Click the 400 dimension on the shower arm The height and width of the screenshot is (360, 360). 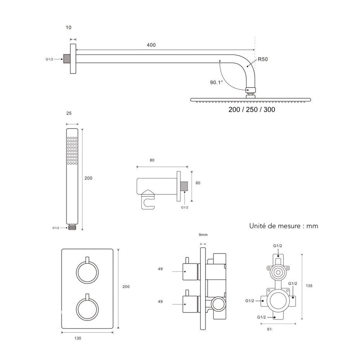tap(151, 45)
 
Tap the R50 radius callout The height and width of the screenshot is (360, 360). tap(263, 59)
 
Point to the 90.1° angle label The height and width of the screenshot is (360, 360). tap(216, 82)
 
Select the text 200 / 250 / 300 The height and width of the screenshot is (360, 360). tap(252, 109)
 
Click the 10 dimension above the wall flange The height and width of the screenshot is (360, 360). tap(69, 28)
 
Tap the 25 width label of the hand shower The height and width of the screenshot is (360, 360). tap(69, 113)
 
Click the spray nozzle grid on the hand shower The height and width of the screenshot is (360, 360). tap(72, 151)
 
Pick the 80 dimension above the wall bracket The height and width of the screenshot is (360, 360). tap(152, 160)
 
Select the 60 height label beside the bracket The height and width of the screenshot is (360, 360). tap(198, 183)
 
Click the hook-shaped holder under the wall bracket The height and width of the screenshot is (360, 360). tap(148, 200)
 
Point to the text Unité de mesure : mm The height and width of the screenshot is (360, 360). tap(283, 226)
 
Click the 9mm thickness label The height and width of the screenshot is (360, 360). tap(203, 235)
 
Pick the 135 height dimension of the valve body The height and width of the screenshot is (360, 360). tap(309, 286)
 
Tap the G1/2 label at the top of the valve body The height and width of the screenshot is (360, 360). tap(277, 246)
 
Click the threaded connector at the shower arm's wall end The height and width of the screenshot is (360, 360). tap(67, 59)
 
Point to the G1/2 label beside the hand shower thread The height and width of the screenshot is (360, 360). tap(56, 228)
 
